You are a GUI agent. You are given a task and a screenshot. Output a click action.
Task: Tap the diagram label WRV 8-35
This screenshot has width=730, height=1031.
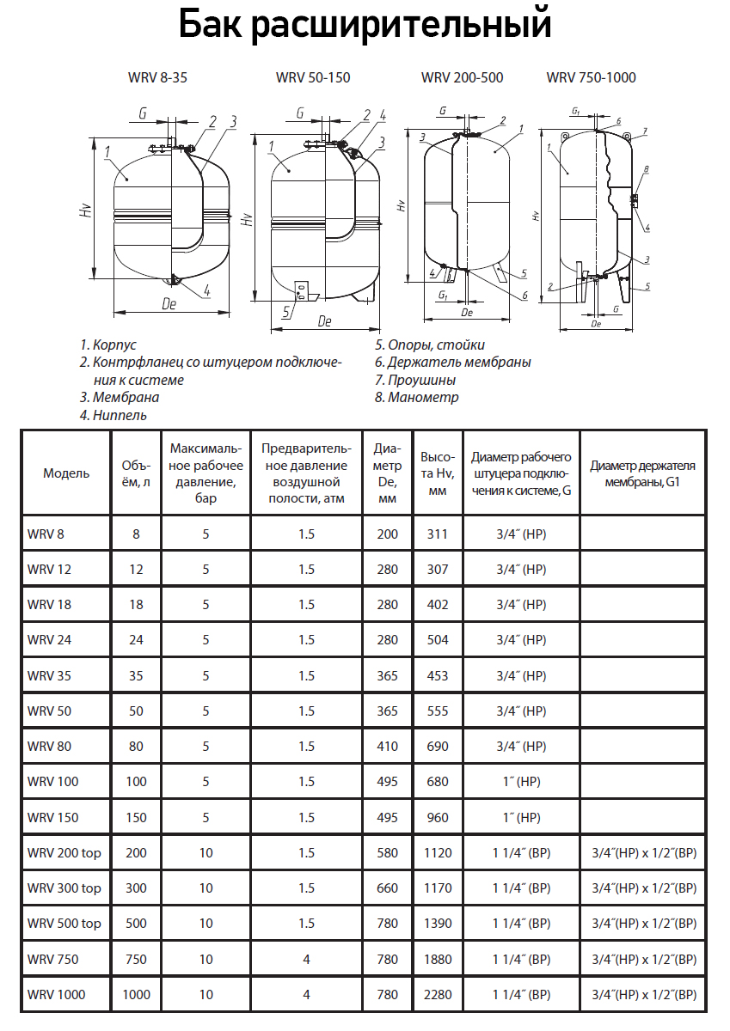tap(157, 77)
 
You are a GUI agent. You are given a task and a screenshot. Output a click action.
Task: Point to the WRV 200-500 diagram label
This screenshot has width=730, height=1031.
tap(462, 77)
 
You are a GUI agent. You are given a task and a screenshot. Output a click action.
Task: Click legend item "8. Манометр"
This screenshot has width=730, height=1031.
tap(417, 397)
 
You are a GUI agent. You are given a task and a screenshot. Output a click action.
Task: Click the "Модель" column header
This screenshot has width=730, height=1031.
tap(66, 473)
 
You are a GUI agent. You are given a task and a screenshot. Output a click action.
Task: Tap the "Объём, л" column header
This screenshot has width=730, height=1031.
tap(136, 473)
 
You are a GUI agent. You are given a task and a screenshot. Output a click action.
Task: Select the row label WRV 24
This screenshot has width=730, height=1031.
tap(46, 640)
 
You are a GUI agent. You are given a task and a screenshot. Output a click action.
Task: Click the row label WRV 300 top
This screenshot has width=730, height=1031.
tap(64, 888)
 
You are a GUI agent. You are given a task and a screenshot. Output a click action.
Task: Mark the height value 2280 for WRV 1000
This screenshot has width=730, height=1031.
tap(438, 995)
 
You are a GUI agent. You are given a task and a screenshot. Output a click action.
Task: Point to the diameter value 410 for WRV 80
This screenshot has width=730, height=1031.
tap(388, 747)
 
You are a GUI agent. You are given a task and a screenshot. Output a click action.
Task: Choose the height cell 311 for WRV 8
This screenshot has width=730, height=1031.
tap(438, 534)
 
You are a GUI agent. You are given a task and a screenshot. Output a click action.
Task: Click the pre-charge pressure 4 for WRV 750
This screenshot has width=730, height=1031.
tap(307, 960)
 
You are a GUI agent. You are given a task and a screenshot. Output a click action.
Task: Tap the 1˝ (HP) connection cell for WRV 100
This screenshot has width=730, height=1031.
tap(521, 782)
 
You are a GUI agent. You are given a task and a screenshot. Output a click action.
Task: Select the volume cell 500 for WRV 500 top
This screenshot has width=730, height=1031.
tap(136, 924)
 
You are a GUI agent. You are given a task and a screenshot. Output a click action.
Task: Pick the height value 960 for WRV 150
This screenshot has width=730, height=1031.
tap(438, 818)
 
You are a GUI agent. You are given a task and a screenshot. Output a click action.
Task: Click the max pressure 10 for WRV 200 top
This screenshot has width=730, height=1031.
tap(206, 853)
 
